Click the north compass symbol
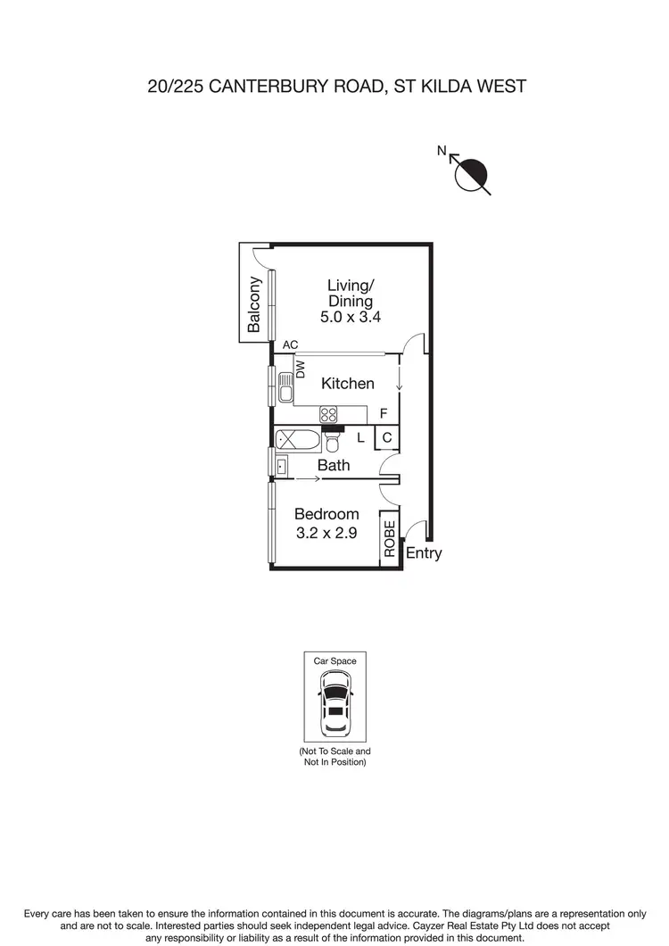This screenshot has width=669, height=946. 472,173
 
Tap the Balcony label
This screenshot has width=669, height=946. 254,305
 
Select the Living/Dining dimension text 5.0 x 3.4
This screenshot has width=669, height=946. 351,317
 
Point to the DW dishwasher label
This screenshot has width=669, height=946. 301,368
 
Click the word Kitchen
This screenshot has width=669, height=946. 348,384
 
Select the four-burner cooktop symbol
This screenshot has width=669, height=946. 328,414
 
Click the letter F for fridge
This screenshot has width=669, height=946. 384,414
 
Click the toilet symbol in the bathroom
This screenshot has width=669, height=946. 332,442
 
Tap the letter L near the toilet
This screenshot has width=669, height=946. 360,438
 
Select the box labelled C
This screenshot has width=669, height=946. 387,438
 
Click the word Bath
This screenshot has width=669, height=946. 334,466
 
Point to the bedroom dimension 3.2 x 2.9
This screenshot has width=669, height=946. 326,534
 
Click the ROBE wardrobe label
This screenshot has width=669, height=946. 389,539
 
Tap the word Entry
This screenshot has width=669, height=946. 424,553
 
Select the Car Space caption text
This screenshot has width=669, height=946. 334,661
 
